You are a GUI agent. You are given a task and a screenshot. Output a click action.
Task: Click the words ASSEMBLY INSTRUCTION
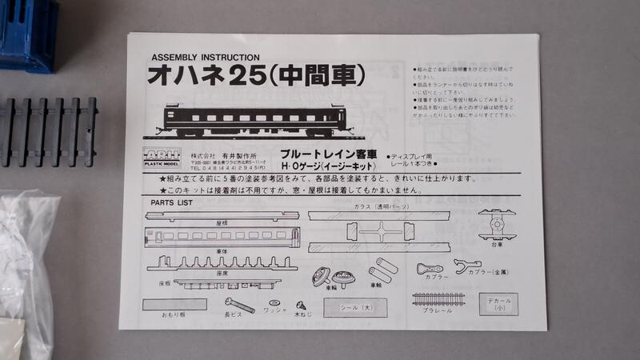coord(205,58)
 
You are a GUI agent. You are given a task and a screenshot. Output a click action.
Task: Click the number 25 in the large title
coord(243,77)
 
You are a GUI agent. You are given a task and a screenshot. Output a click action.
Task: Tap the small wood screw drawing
coord(302,305)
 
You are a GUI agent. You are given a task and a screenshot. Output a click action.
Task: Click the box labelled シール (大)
coord(354,307)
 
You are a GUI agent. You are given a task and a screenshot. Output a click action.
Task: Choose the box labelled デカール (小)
coord(500,306)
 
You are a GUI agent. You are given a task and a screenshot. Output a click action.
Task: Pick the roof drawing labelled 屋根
coord(222,215)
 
